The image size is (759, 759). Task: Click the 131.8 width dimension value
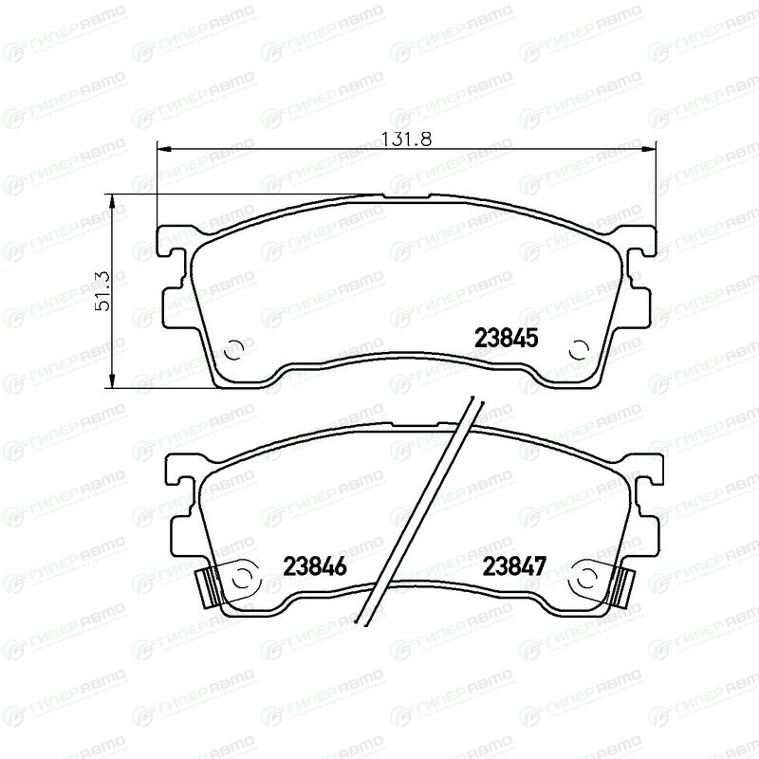[x=406, y=139]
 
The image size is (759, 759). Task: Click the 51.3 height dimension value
[x=103, y=291]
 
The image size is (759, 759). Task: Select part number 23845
[x=507, y=338]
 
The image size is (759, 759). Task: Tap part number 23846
[x=315, y=565]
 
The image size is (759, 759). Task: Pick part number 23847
[x=514, y=565]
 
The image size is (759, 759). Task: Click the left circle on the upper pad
[x=234, y=349]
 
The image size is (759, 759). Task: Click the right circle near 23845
[x=579, y=349]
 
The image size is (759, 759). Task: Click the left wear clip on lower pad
[x=206, y=586]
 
